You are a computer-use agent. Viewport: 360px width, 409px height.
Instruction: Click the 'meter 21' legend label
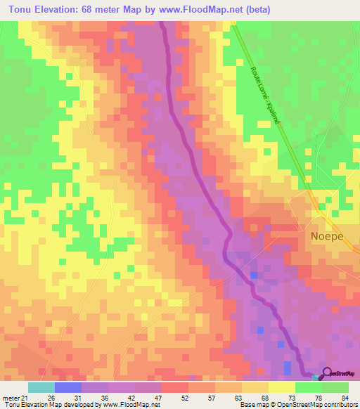pos(13,397)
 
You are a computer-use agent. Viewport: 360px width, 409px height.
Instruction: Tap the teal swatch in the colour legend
pos(41,387)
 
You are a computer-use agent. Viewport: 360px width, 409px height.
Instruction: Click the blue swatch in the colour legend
pos(68,387)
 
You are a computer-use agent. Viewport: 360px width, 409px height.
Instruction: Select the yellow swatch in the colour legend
pos(282,387)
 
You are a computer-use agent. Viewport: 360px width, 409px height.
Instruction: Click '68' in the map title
pos(91,8)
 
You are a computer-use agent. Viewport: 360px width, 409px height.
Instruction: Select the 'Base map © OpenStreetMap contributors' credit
pos(298,405)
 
